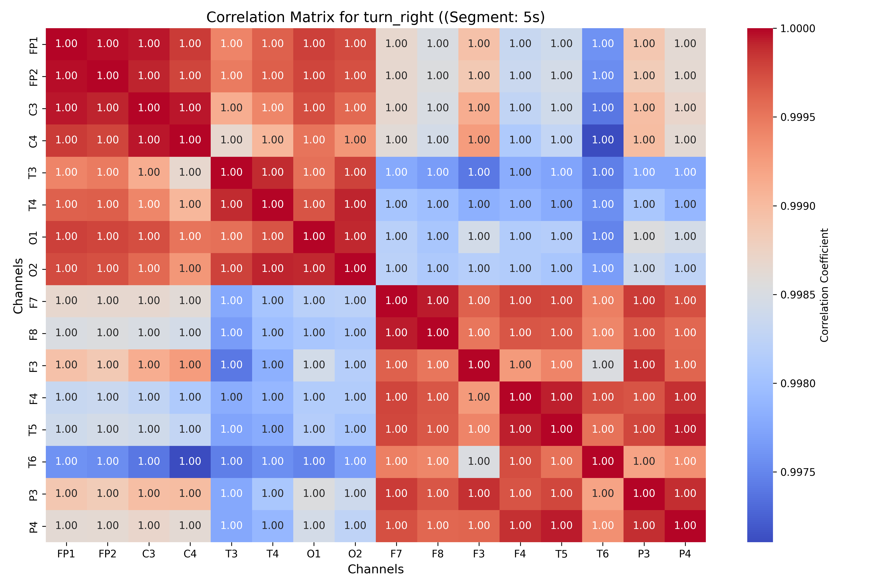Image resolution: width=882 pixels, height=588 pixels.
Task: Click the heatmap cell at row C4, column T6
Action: [x=603, y=140]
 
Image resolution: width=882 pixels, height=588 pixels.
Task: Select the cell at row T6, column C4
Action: [x=190, y=462]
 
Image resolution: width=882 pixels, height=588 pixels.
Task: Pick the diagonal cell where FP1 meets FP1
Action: [x=66, y=44]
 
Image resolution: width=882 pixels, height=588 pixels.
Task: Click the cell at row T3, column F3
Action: [x=479, y=172]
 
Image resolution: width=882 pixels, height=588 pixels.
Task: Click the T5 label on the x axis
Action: [x=561, y=554]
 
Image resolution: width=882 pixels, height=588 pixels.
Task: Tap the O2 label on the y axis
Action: [x=33, y=269]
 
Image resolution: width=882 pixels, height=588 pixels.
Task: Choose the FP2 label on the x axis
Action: [x=108, y=554]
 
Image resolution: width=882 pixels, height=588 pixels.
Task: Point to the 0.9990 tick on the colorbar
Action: [x=775, y=206]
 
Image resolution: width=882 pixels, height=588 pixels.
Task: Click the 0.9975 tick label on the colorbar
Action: [x=798, y=472]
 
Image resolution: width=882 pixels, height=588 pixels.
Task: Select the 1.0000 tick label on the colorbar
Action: [x=798, y=28]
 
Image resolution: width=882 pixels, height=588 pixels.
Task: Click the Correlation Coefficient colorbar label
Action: [x=824, y=285]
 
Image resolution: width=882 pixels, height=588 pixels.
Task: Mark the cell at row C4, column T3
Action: [x=231, y=140]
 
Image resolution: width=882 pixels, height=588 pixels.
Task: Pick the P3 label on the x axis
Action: [x=644, y=554]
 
